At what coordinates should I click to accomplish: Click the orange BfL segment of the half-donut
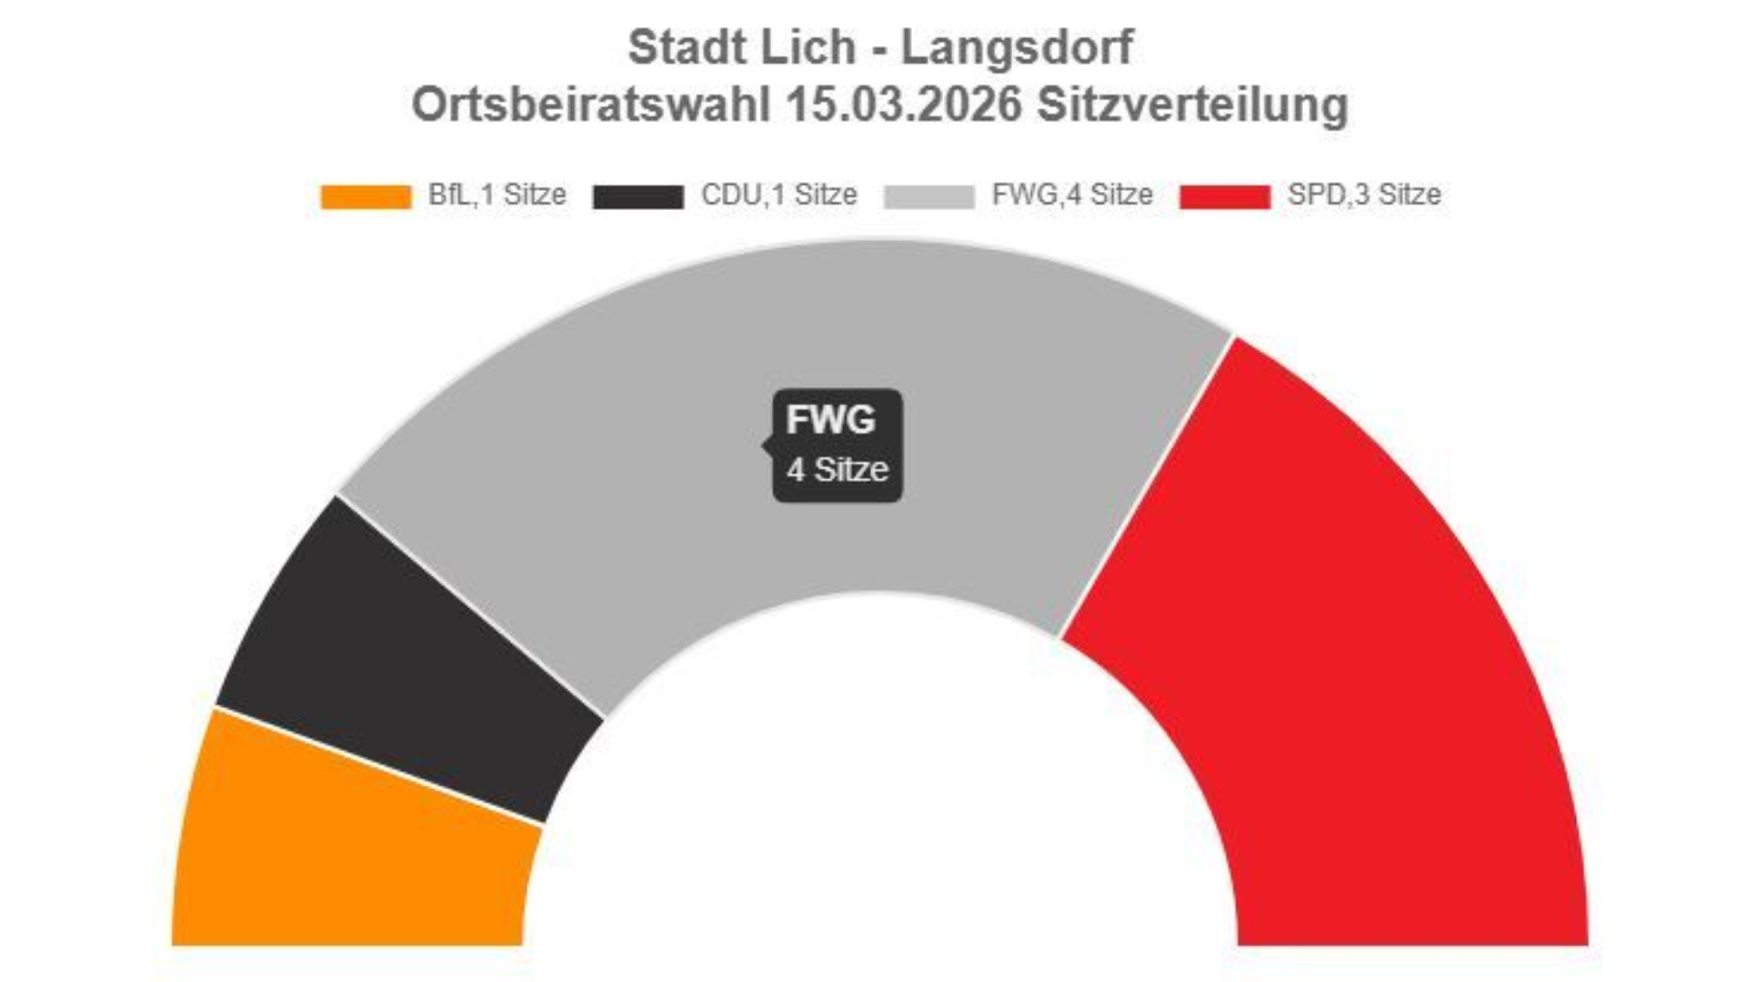355,846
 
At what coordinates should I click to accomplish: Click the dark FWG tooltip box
838,446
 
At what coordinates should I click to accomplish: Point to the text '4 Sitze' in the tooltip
838,470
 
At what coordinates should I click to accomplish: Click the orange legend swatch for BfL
366,196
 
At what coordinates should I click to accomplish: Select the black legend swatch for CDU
637,196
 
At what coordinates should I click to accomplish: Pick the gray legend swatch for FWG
928,196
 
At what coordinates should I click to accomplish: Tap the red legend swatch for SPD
1224,196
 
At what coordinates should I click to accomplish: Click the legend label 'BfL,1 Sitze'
497,195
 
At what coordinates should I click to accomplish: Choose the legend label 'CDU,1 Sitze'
778,195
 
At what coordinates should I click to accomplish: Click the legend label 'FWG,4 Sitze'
1072,195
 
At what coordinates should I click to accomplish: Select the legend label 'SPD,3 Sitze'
1364,195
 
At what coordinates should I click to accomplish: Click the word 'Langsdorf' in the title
1017,47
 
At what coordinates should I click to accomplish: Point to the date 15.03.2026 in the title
904,105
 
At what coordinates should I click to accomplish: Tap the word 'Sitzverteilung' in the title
1192,105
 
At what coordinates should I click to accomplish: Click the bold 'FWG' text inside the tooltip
830,420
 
